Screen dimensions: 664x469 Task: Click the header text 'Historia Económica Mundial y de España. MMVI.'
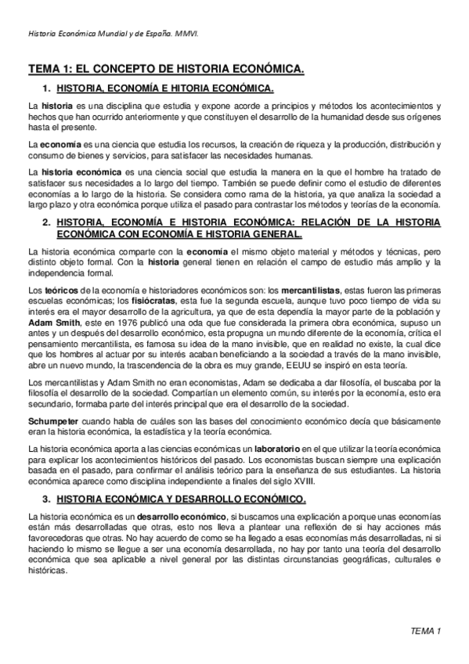[x=114, y=34]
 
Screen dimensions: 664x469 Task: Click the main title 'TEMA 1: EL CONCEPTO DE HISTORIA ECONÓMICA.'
[x=166, y=70]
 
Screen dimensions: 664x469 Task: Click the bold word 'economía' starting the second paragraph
[x=58, y=146]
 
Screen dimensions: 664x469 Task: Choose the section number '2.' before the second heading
[x=47, y=222]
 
